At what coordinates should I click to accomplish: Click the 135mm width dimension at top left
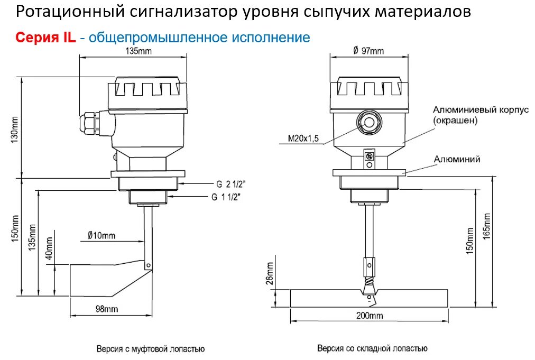point(132,51)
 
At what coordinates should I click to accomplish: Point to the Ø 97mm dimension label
point(368,51)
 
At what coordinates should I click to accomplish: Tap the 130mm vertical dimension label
point(15,128)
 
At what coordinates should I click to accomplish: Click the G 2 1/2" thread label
point(230,184)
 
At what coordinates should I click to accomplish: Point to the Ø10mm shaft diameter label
point(100,235)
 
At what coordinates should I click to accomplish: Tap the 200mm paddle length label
point(369,316)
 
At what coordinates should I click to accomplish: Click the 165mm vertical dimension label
point(487,226)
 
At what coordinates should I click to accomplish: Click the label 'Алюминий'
point(457,159)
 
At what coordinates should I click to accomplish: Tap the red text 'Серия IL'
point(46,38)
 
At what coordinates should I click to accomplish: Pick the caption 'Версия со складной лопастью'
point(372,348)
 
